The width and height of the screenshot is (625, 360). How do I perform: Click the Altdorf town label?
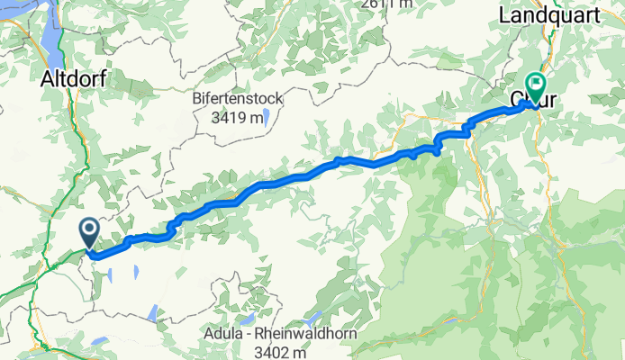click(x=73, y=79)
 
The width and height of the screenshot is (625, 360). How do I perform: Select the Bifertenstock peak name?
click(x=238, y=99)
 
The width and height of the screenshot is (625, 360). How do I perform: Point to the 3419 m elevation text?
click(x=238, y=117)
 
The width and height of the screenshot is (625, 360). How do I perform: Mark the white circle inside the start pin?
click(x=90, y=229)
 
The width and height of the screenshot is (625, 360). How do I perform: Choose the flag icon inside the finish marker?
click(x=538, y=84)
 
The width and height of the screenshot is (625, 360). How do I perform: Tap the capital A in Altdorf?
click(x=47, y=79)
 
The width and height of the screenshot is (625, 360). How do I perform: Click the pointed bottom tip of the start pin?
click(x=90, y=248)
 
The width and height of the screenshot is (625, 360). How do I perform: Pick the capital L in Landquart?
click(x=505, y=15)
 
